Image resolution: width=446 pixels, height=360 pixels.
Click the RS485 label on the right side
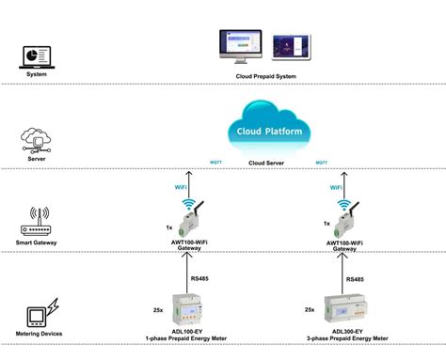(x=355, y=279)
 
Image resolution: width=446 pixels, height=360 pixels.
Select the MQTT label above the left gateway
(x=215, y=162)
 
